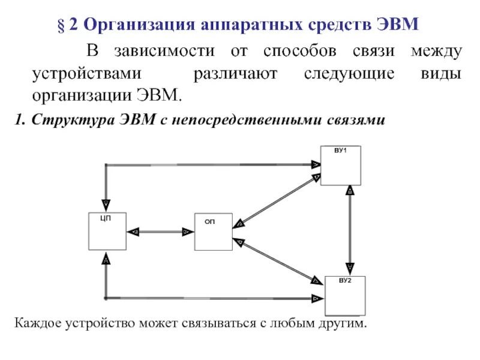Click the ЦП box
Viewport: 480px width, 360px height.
pos(107,231)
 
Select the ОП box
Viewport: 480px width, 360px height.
pos(213,232)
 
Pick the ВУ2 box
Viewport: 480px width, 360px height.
pos(345,296)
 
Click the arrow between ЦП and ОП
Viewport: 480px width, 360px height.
pos(160,231)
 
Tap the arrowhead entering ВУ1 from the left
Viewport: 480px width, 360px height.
pos(315,164)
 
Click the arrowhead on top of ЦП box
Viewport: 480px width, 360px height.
pos(106,204)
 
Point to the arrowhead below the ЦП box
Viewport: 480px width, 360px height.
pos(106,259)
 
